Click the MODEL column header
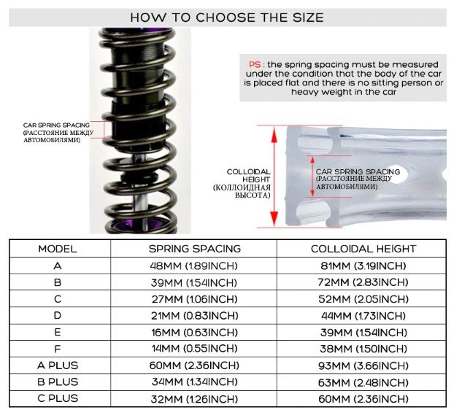(x=58, y=249)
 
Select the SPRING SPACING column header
(x=195, y=249)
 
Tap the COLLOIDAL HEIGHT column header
(x=363, y=249)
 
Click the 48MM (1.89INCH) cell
(x=193, y=266)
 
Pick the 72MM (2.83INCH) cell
(x=363, y=282)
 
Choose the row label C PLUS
(x=58, y=398)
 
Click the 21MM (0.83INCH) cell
(x=194, y=316)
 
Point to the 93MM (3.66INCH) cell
(x=363, y=366)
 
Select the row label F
(x=58, y=349)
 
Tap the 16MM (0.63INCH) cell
(x=194, y=333)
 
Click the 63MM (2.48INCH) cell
(x=363, y=383)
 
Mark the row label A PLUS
(x=58, y=365)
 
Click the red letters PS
(x=255, y=64)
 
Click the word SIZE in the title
(x=308, y=18)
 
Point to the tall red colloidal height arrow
(x=274, y=177)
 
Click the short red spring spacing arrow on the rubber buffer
(x=312, y=177)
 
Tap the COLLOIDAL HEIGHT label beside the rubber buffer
(x=248, y=176)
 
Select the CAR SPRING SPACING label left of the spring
(x=56, y=125)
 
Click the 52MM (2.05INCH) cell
(x=363, y=299)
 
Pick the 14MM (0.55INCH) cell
(x=194, y=349)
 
